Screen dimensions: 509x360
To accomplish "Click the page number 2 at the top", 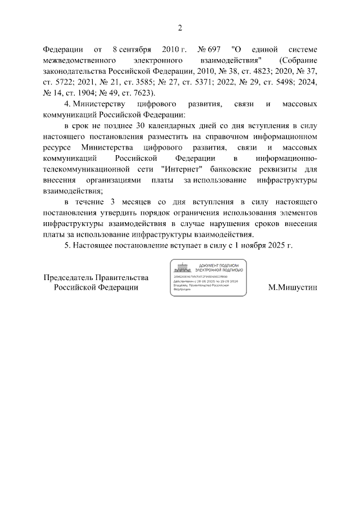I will click(x=180, y=28).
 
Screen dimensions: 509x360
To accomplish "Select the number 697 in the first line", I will click(x=211, y=48).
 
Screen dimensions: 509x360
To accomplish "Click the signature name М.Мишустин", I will click(x=292, y=287).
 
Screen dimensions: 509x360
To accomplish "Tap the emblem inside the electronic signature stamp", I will click(x=181, y=268).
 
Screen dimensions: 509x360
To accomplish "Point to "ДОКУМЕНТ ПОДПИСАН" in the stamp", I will click(x=220, y=265).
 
